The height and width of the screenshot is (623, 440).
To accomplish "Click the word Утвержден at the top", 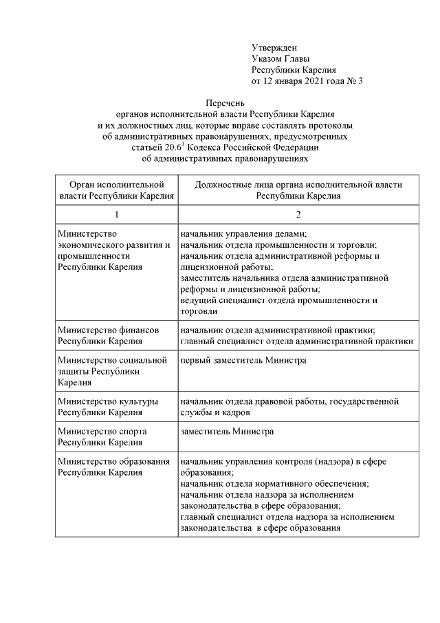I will [x=274, y=47].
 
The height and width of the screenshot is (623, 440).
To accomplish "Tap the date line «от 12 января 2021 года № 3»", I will [x=307, y=81].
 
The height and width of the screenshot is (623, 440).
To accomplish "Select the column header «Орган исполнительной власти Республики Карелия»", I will [x=115, y=190].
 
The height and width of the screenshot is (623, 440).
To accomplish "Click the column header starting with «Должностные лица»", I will [x=298, y=190].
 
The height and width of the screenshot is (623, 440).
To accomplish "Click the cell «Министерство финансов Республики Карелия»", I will [x=109, y=335].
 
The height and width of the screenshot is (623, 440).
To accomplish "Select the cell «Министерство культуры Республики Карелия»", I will [x=109, y=407].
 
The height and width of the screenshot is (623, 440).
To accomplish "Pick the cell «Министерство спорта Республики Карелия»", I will [x=103, y=437].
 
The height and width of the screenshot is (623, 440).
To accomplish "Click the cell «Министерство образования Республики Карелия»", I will [x=113, y=467].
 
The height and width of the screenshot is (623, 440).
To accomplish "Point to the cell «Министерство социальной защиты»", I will [x=113, y=371].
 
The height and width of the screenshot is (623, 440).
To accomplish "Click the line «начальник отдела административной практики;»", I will [x=277, y=330].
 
